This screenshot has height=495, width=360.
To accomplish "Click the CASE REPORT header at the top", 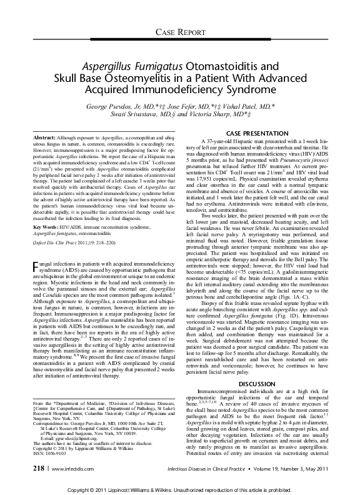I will click(180, 31).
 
